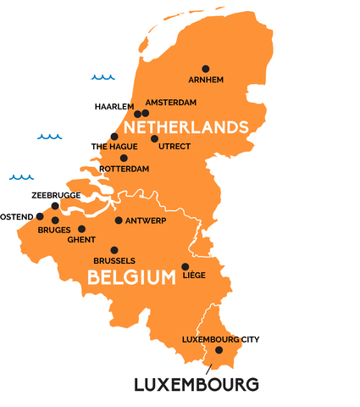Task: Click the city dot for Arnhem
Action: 205,69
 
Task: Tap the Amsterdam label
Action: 171,103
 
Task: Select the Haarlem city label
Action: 114,107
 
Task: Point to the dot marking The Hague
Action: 114,137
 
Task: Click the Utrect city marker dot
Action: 154,138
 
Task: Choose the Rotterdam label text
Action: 124,169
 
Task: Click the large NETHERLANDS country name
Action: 186,127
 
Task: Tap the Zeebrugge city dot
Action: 55,206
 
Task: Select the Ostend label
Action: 15,217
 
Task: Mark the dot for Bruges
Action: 55,220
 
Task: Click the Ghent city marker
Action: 82,229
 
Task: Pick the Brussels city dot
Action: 114,250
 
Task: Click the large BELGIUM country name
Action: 125,277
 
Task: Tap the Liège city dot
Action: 186,266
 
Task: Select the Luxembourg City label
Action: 220,339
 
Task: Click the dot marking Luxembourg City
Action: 219,350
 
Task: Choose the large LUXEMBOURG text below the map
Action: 196,385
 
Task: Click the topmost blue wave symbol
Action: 102,77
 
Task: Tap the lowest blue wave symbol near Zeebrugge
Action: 21,177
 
